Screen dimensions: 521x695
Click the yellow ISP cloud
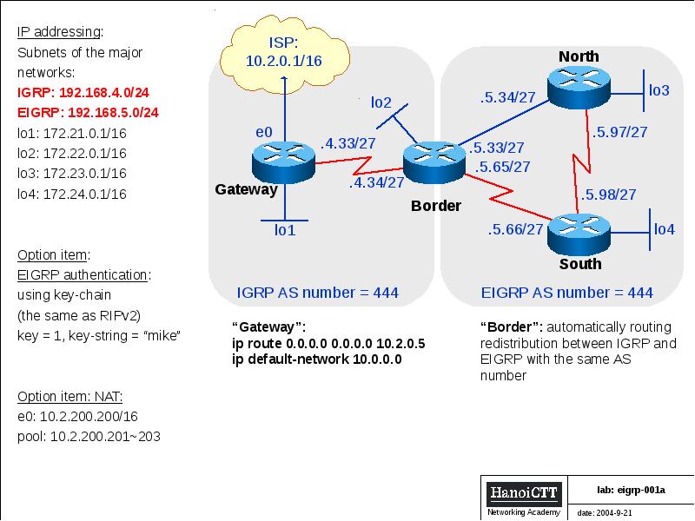[x=283, y=51]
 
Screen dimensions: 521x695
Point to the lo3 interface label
[x=659, y=90]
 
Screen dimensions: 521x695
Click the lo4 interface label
[x=664, y=229]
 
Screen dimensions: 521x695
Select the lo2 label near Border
[x=381, y=102]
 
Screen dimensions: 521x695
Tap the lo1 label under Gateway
[x=285, y=230]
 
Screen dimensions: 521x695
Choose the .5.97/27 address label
[x=619, y=132]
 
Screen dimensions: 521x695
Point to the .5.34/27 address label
[x=507, y=97]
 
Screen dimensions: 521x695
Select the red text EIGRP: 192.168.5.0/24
[x=88, y=113]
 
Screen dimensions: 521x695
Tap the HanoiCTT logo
[x=524, y=493]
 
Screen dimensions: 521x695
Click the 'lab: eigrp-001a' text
[x=631, y=490]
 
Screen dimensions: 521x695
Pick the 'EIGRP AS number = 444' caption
[x=567, y=293]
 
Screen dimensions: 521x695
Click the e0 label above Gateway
[x=264, y=131]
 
